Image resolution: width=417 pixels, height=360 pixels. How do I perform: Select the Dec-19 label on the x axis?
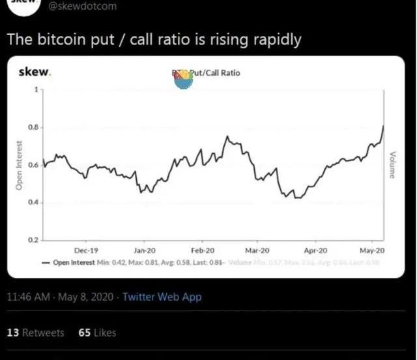pos(86,250)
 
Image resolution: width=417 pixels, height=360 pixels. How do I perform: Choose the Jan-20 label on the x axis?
pos(144,250)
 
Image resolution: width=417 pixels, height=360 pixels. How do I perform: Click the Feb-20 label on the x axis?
pos(202,250)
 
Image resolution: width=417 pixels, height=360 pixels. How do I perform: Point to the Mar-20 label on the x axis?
pos(257,250)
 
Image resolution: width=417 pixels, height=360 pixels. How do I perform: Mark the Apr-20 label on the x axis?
pos(315,250)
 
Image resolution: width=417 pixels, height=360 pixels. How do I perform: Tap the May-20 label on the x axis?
pos(372,250)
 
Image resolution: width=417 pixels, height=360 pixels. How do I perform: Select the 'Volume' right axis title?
pos(393,164)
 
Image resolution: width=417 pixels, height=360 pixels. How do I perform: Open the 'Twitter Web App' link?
pos(162,297)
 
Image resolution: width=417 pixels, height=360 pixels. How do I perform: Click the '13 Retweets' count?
pos(35,333)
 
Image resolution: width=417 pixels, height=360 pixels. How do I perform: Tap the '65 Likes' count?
pos(96,333)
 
